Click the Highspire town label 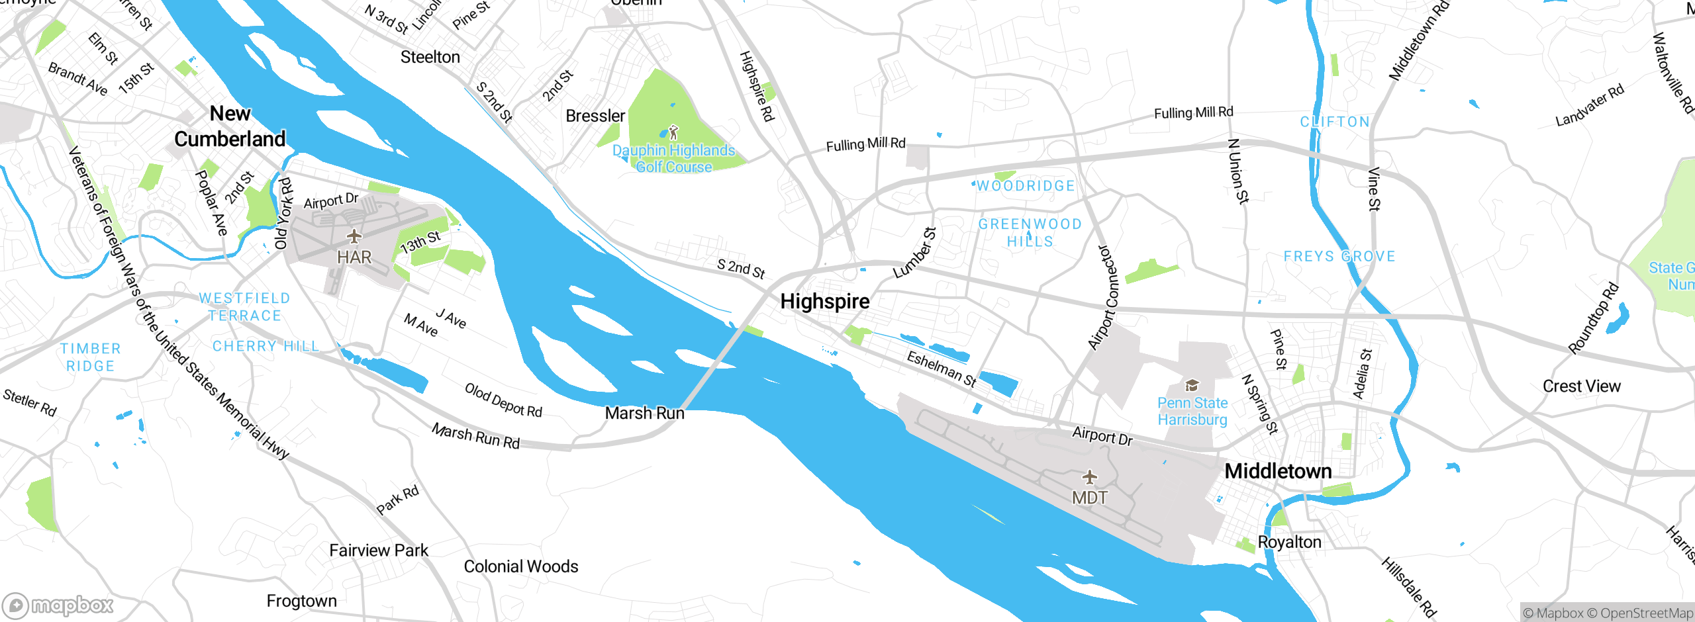tap(824, 302)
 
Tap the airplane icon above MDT tap(1089, 476)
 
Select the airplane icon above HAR tap(354, 236)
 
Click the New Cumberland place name tap(230, 126)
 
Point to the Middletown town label tap(1278, 471)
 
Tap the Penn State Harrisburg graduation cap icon tap(1192, 385)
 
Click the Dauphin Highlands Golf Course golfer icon tap(673, 132)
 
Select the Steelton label tap(430, 58)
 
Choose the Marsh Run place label tap(644, 413)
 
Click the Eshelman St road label tap(941, 369)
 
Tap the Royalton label tap(1288, 543)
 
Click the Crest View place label tap(1581, 386)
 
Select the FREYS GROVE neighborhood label tap(1339, 257)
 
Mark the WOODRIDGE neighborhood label tap(1026, 187)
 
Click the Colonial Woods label tap(520, 566)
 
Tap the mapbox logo tap(58, 605)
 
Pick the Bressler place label tap(595, 116)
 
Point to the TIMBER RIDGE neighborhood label tap(91, 357)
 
